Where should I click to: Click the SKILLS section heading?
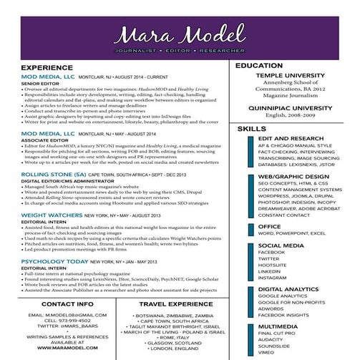[x=251, y=128]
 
